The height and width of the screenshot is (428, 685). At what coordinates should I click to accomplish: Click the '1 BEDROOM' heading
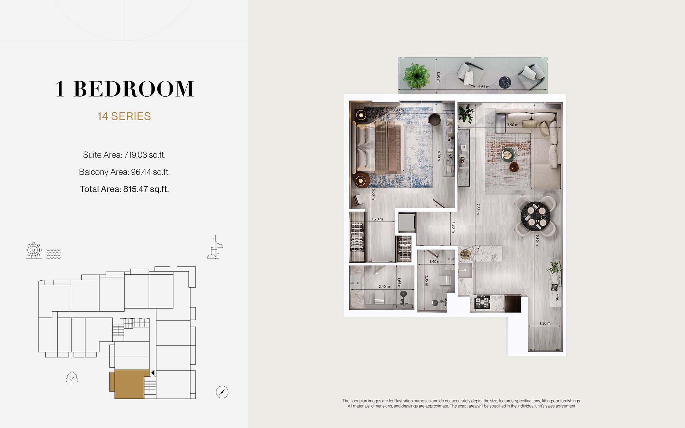click(x=125, y=89)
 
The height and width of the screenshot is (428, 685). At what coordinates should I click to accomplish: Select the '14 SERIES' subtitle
click(x=124, y=116)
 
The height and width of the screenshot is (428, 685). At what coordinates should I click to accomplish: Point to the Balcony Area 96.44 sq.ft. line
click(x=124, y=172)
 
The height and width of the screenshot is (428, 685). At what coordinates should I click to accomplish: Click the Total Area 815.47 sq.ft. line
click(x=124, y=189)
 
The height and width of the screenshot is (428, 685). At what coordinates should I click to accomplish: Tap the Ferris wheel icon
click(x=34, y=250)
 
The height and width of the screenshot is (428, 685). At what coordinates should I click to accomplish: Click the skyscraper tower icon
click(x=215, y=247)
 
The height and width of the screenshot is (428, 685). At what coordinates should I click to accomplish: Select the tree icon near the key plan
click(x=72, y=378)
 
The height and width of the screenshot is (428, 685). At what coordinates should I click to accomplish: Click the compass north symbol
click(x=222, y=392)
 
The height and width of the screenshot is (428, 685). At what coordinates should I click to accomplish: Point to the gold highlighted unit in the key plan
click(x=129, y=384)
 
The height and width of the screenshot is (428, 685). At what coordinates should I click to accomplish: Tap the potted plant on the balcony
click(x=416, y=75)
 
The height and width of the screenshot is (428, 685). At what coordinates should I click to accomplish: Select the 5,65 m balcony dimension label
click(x=484, y=87)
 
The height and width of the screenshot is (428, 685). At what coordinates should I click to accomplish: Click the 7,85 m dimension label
click(x=478, y=209)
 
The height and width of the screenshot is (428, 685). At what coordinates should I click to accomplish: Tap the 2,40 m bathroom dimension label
click(x=384, y=286)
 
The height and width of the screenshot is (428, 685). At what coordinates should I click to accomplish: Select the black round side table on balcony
click(x=505, y=82)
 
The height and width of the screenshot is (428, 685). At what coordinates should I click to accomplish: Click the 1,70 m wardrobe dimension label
click(x=377, y=219)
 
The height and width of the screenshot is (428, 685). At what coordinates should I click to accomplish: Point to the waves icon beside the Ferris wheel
click(x=54, y=253)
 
